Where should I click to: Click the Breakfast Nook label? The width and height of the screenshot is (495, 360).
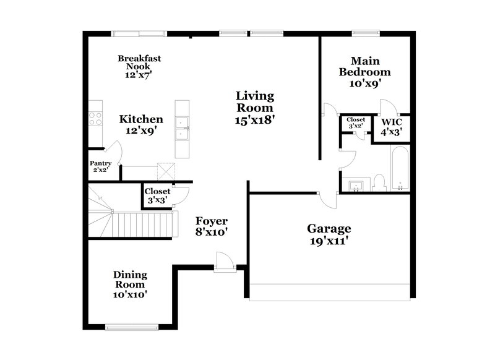(x=140, y=66)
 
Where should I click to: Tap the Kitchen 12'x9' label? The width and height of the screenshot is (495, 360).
(x=141, y=125)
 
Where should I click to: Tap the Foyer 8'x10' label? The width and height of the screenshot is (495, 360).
(x=212, y=226)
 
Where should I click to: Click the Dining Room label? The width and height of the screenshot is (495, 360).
(x=129, y=285)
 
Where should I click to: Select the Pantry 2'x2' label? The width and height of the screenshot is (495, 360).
(x=100, y=166)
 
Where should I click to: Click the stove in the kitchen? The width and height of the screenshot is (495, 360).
(x=95, y=118)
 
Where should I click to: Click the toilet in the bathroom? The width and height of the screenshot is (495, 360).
(x=380, y=181)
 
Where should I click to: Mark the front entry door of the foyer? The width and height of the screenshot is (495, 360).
(x=223, y=262)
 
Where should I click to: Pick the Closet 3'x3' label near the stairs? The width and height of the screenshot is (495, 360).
(x=157, y=196)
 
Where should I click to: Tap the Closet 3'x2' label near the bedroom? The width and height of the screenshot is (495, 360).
(x=356, y=122)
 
